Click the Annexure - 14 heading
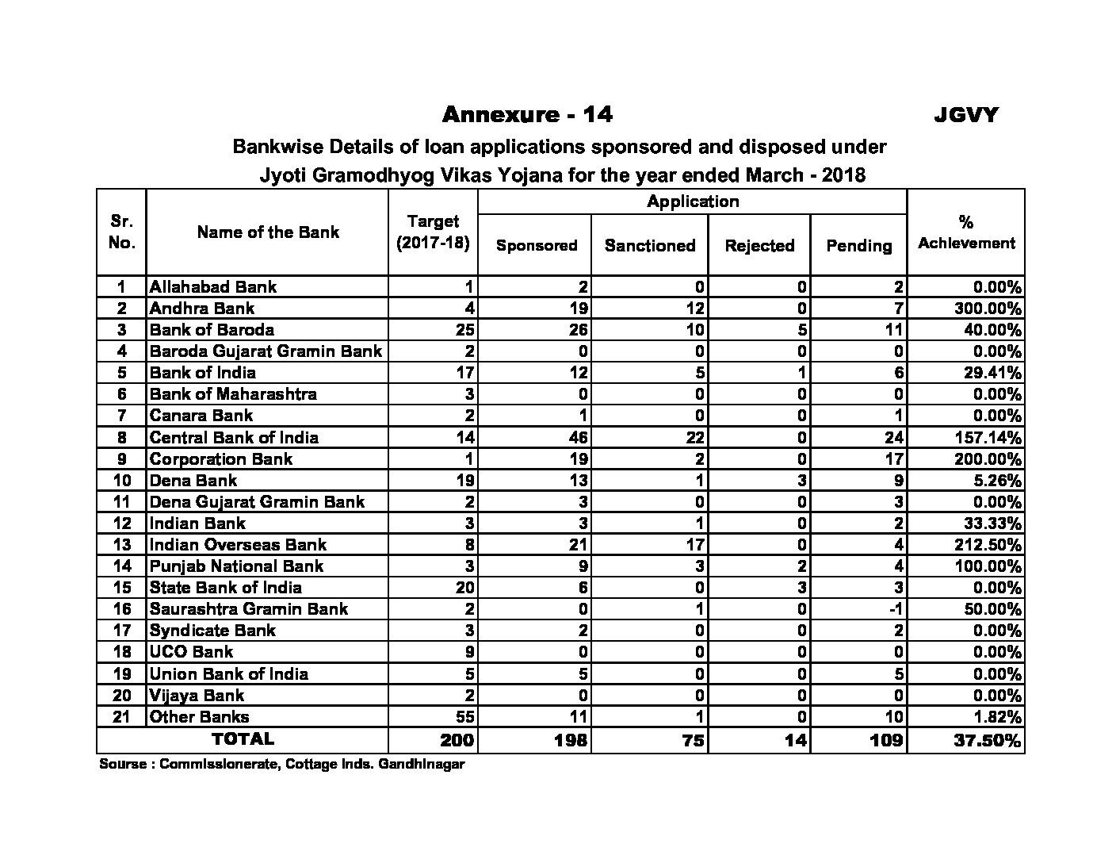pos(527,115)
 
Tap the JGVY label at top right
pos(965,116)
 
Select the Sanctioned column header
pos(649,246)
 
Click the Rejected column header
pos(759,246)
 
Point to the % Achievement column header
pos(965,233)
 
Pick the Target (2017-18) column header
pos(433,232)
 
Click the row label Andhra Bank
pos(202,309)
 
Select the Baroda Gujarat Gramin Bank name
pos(266,351)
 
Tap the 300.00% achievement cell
pos(988,309)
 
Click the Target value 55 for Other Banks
pos(464,717)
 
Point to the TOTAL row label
pos(243,739)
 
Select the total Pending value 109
pos(885,741)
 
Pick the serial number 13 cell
pos(121,545)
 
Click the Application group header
pos(693,201)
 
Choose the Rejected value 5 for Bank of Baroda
pos(802,330)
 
